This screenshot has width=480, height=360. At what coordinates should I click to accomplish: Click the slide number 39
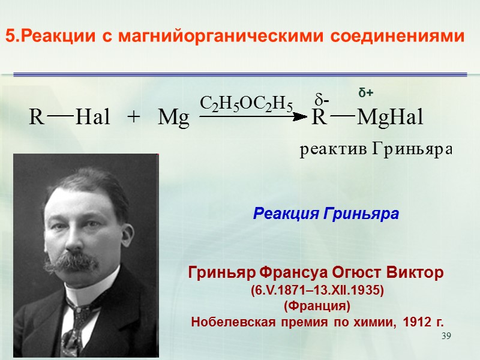pos(445,336)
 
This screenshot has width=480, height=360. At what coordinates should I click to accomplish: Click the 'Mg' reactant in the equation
pos(173,118)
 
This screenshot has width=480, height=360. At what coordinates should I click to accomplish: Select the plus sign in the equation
pos(133,118)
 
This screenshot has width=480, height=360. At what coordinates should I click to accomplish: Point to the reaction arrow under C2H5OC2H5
pos(252,118)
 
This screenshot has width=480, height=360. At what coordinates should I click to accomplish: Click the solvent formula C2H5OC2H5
pos(246,104)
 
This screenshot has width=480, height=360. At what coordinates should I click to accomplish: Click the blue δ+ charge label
pos(366,93)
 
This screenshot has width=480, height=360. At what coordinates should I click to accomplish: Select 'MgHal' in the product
pos(390,118)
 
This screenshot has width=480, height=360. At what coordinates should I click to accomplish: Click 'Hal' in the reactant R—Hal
pos(93,118)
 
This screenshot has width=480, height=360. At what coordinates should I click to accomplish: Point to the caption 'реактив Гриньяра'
pos(375,149)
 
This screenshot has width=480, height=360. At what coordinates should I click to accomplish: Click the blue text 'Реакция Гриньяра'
pos(326,213)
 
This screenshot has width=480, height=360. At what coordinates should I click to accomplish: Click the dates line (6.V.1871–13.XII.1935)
pos(316,290)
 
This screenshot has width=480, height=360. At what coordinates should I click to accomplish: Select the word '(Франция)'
pos(316,306)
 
